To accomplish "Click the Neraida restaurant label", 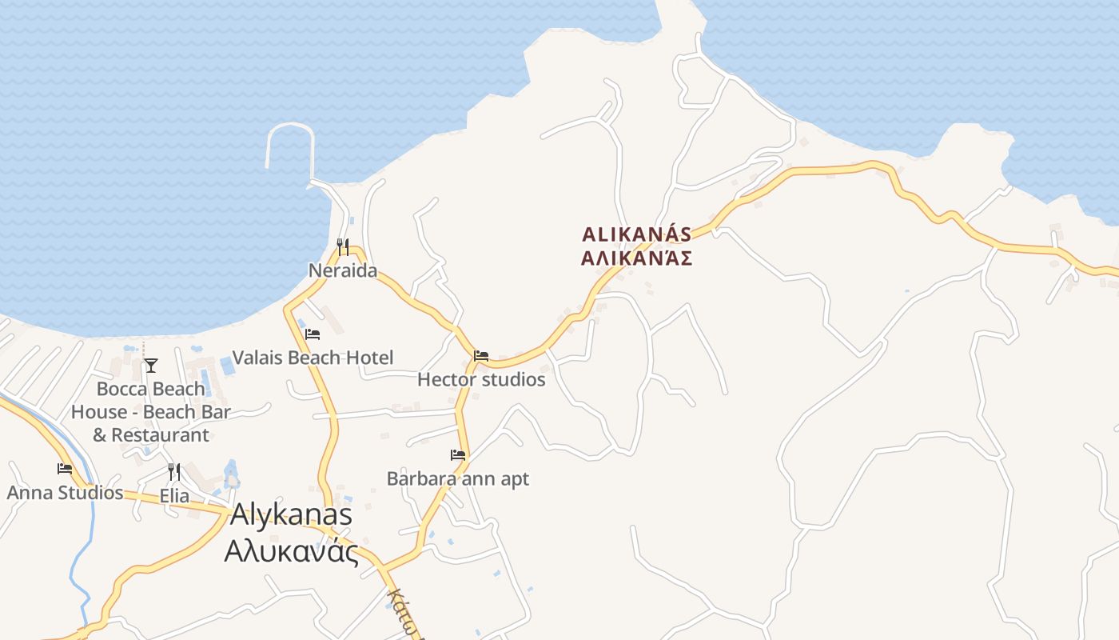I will click(x=343, y=270).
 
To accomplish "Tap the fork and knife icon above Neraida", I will click(x=343, y=246).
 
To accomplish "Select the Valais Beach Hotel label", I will click(x=313, y=358).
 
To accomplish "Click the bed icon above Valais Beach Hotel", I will click(x=313, y=334).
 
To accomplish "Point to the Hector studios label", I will click(x=481, y=379).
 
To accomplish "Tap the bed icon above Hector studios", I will click(x=481, y=356).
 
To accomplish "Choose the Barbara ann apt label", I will click(x=458, y=478).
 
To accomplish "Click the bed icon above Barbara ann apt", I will click(x=458, y=455).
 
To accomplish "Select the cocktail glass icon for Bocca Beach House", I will click(x=151, y=366).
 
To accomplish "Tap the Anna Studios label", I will click(x=65, y=492).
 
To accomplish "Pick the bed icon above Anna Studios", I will click(x=65, y=469).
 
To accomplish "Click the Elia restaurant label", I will click(x=174, y=496).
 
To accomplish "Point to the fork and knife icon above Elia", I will click(x=174, y=472).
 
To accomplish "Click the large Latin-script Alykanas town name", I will click(x=291, y=514).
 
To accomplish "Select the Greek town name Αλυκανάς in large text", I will click(x=291, y=551).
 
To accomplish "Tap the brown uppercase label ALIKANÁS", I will click(x=636, y=234).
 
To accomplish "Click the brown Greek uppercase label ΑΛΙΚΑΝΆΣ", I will click(x=636, y=258).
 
